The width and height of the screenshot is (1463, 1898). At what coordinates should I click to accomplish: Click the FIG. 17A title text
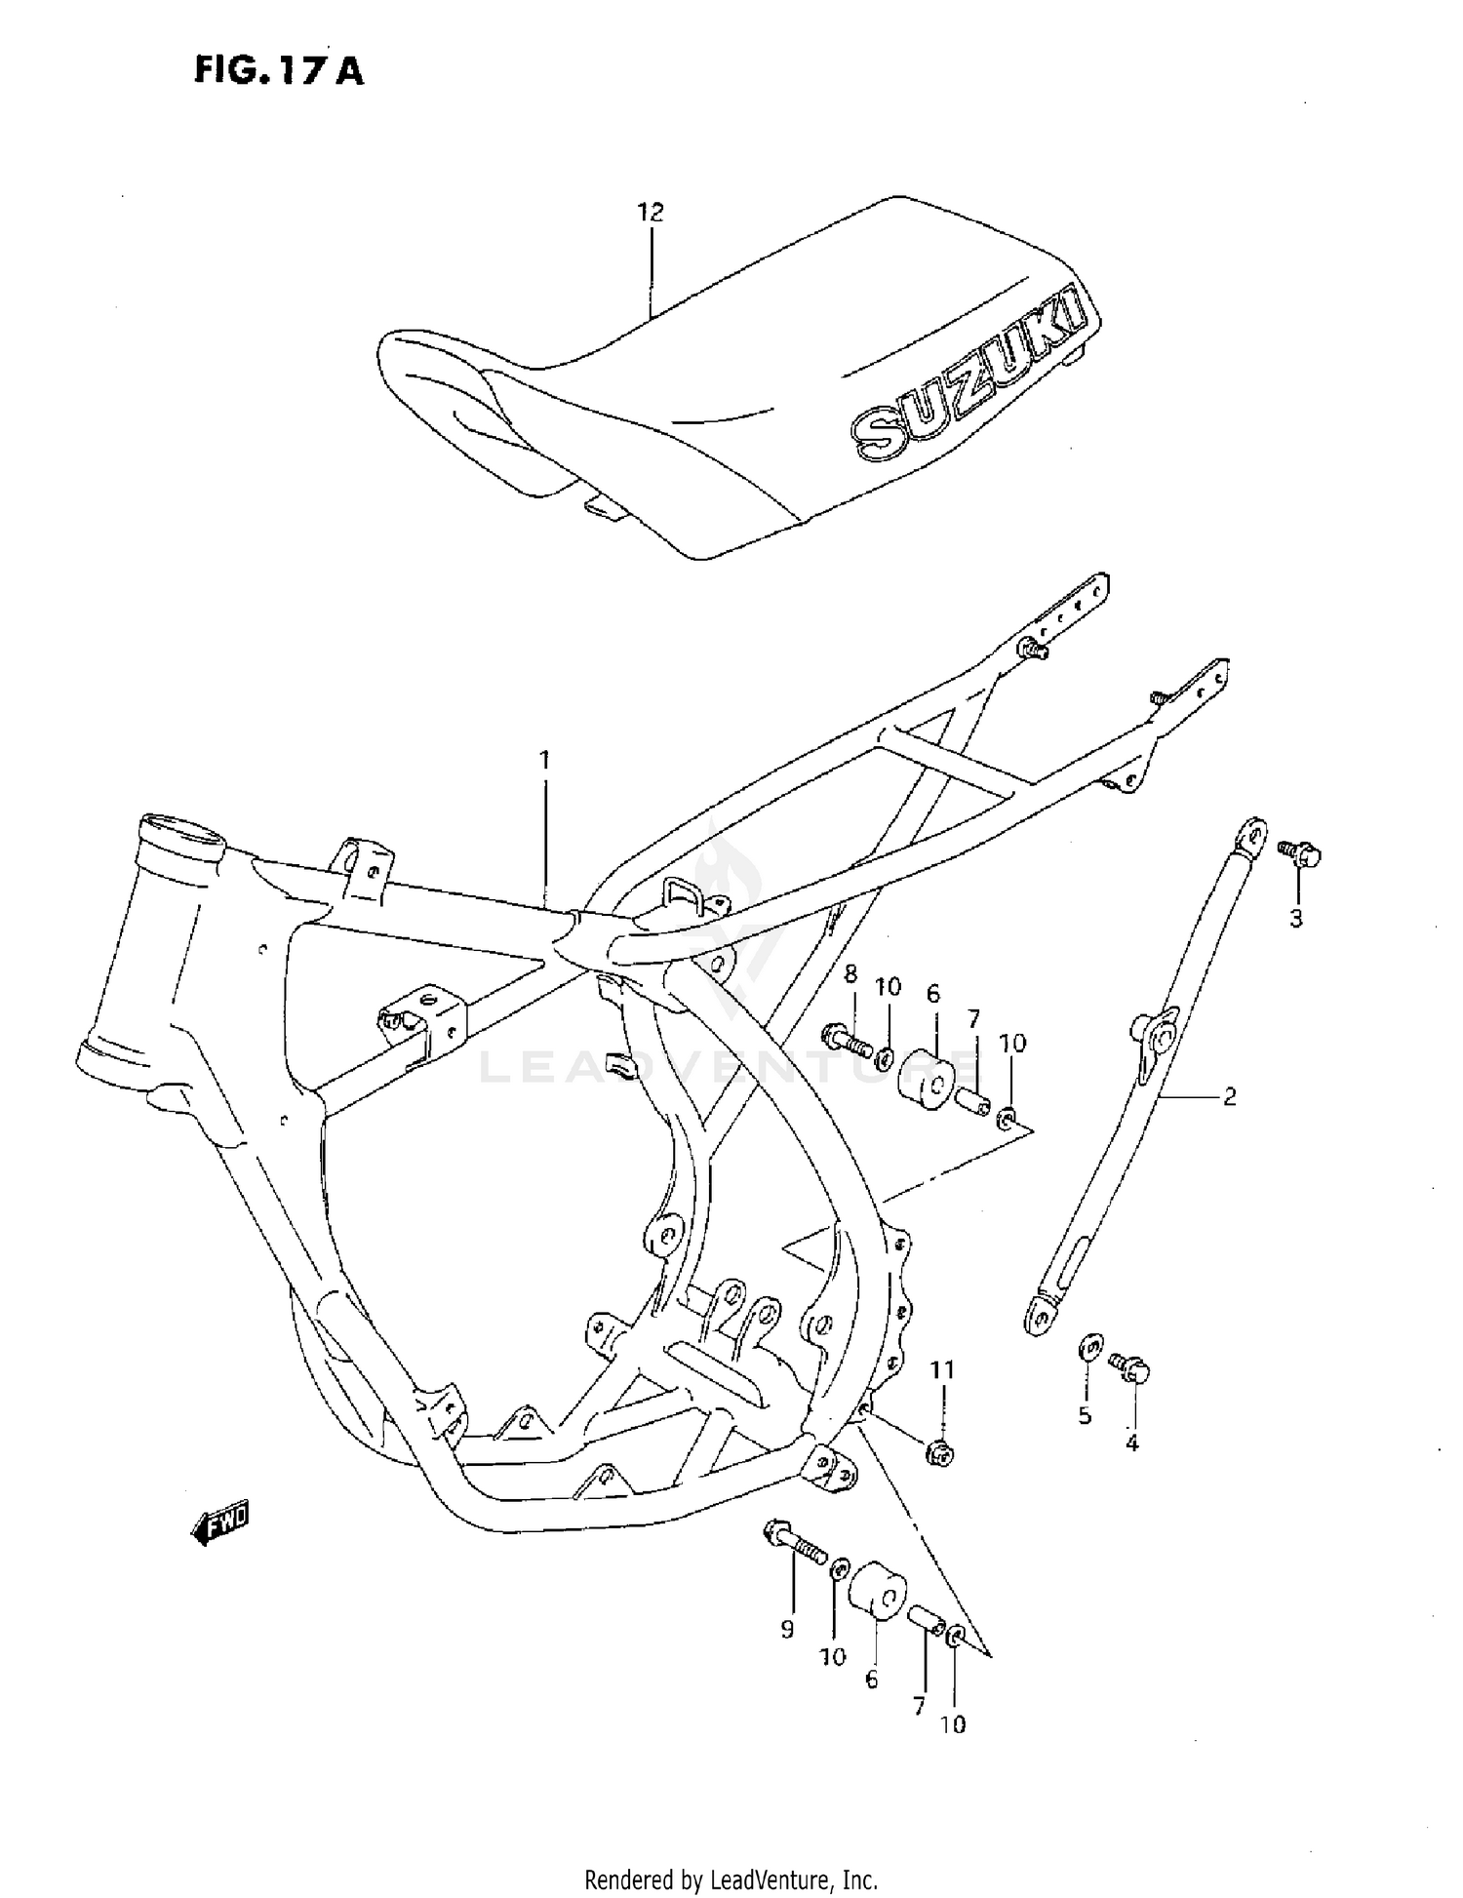[x=278, y=69]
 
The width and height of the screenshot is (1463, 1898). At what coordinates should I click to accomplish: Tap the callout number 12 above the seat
[x=650, y=212]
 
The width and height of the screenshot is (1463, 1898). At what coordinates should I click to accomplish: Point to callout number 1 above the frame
[x=545, y=759]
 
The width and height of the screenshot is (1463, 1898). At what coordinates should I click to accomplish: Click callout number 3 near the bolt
[x=1296, y=918]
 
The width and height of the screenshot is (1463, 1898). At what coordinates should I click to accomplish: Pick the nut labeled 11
[x=940, y=1454]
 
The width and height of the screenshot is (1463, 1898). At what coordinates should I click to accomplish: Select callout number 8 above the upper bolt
[x=850, y=973]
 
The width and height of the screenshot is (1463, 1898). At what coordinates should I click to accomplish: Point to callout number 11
[x=941, y=1370]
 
